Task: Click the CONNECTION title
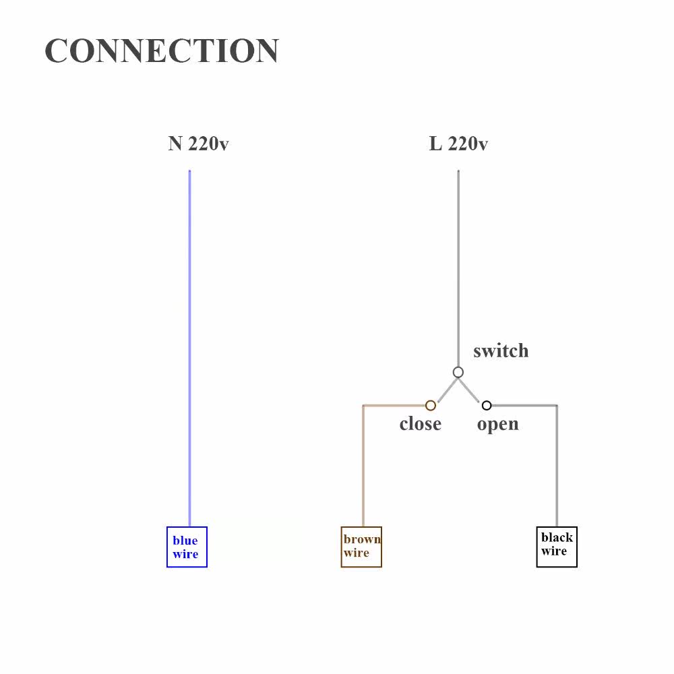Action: [x=162, y=51]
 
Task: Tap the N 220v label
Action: [x=198, y=144]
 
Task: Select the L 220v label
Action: [x=458, y=144]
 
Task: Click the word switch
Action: [x=501, y=351]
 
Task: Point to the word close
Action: [x=420, y=424]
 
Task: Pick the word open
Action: [x=497, y=424]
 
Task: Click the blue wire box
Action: [x=187, y=547]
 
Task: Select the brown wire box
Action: [x=361, y=547]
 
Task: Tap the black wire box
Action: [x=557, y=547]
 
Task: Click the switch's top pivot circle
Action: [x=458, y=372]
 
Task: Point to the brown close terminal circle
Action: [x=431, y=405]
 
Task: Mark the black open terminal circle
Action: [x=487, y=405]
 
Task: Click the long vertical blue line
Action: [x=189, y=337]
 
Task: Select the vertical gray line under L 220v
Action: [x=458, y=270]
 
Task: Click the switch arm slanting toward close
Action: [x=447, y=390]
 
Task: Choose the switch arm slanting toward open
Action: [x=470, y=390]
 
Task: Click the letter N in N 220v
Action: [x=175, y=144]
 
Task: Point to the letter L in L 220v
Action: [x=435, y=144]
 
